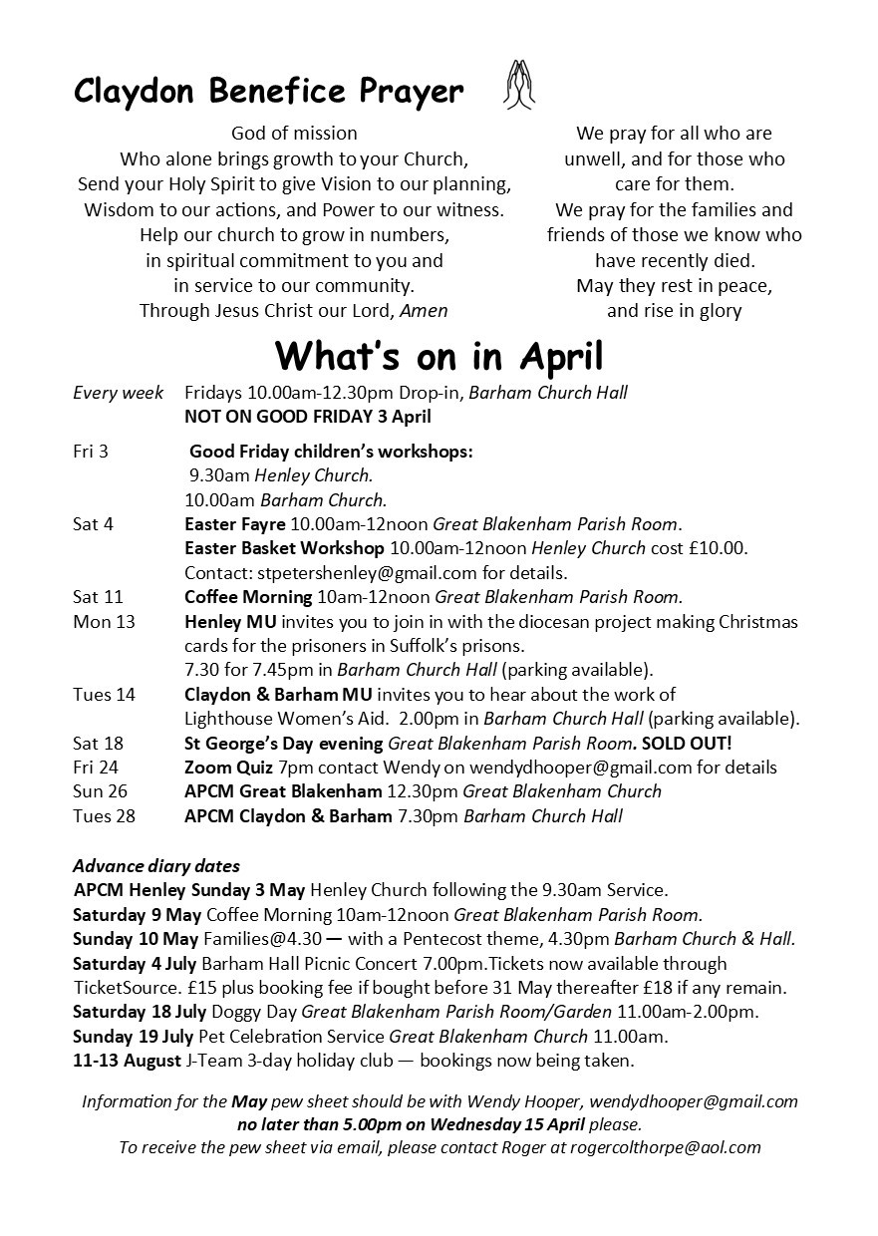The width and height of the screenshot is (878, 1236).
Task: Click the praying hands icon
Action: [x=518, y=85]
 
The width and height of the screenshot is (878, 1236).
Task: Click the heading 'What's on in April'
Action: [x=439, y=356]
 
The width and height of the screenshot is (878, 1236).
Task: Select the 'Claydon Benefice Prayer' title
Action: [x=269, y=92]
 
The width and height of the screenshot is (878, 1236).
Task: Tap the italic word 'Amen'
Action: [x=424, y=310]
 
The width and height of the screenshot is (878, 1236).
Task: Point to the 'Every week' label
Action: [x=119, y=393]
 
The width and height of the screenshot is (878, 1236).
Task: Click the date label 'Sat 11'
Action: [x=98, y=598]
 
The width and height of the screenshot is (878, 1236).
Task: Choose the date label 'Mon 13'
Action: [x=104, y=622]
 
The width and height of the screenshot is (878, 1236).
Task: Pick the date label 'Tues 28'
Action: [x=104, y=816]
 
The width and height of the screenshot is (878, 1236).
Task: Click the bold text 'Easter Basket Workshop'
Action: [x=284, y=548]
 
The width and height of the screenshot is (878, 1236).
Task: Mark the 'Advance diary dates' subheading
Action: [x=156, y=865]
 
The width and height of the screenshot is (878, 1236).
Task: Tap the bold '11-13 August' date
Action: [x=128, y=1061]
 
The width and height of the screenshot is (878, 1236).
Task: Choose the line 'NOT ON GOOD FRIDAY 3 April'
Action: [x=307, y=417]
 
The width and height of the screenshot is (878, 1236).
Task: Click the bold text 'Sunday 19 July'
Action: [x=134, y=1037]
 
